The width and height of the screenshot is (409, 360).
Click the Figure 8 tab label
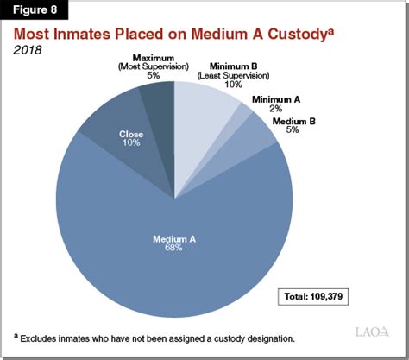[33, 13]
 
